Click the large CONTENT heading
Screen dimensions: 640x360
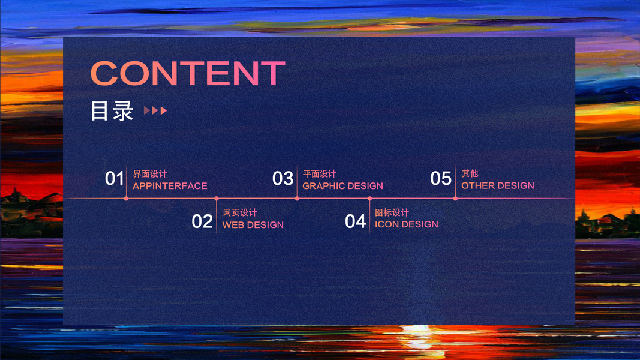[188, 73]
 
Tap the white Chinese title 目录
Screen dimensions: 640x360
[112, 110]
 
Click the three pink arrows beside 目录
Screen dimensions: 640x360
[155, 110]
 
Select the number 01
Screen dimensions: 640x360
[115, 178]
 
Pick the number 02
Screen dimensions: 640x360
[202, 221]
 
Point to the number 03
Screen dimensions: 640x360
[283, 178]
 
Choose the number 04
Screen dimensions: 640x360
[355, 221]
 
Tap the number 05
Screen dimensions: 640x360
[441, 178]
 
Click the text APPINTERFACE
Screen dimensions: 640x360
[170, 186]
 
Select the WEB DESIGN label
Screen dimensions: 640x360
[253, 224]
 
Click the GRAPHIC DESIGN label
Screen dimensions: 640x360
[343, 186]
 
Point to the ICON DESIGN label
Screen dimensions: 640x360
[407, 224]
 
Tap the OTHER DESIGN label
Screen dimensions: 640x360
[498, 185]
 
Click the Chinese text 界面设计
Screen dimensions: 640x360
[150, 174]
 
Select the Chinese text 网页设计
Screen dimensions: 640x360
[239, 212]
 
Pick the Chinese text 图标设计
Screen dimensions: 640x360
[392, 212]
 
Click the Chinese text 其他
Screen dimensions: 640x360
[470, 173]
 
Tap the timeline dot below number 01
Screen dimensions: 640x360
[126, 199]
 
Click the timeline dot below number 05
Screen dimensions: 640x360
[455, 199]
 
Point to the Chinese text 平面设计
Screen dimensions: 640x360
[320, 174]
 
